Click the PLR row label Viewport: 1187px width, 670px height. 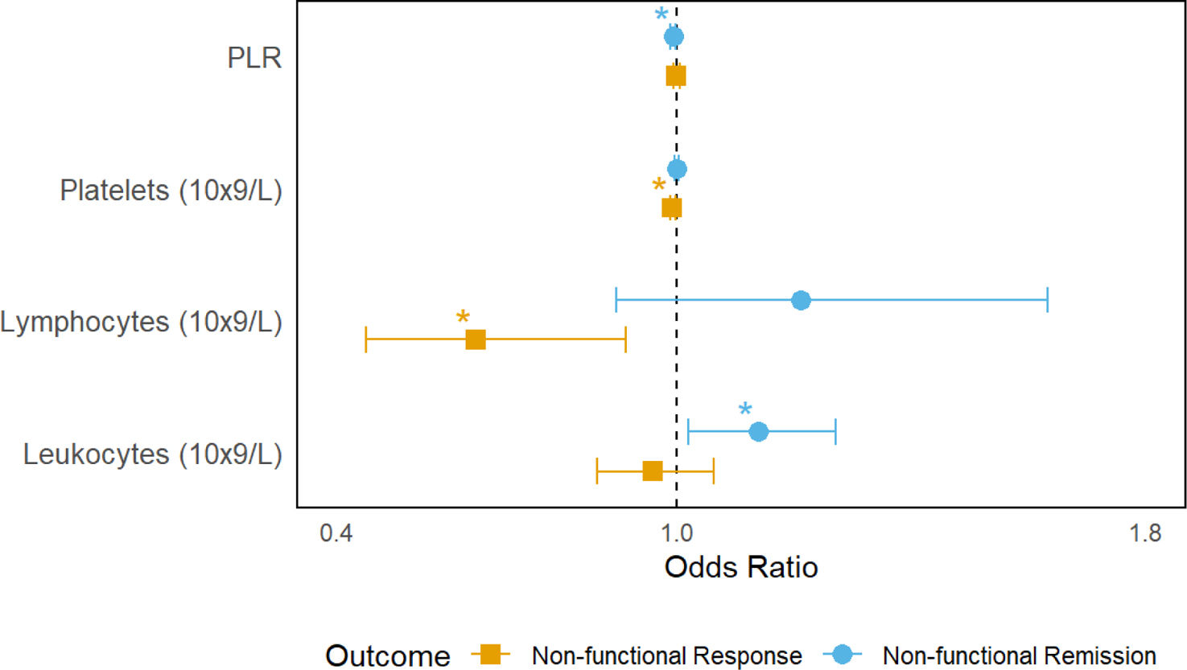click(254, 58)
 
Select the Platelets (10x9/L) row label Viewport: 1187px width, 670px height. click(171, 190)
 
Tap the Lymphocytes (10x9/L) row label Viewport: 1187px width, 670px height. click(141, 322)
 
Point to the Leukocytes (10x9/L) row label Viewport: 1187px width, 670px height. click(153, 454)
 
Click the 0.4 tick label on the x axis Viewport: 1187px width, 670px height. click(336, 532)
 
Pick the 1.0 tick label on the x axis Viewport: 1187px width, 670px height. click(677, 532)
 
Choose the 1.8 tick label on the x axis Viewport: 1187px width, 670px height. click(1145, 532)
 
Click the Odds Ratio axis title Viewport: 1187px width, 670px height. click(741, 567)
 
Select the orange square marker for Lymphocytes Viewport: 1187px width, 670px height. click(476, 339)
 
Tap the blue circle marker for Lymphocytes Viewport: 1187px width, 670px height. click(801, 300)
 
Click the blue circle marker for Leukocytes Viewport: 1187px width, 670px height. click(758, 432)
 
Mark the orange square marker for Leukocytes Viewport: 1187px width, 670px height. click(653, 471)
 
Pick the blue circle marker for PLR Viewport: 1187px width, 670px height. click(674, 36)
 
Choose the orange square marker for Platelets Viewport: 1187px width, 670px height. click(671, 208)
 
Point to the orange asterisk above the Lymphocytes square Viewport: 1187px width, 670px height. click(463, 317)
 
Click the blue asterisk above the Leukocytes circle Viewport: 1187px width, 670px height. click(745, 409)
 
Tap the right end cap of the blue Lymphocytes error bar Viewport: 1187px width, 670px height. click(1048, 300)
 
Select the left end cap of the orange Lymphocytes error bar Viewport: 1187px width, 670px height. click(365, 339)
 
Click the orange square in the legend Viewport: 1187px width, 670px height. click(490, 654)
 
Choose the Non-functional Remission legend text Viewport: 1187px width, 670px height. click(1019, 656)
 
